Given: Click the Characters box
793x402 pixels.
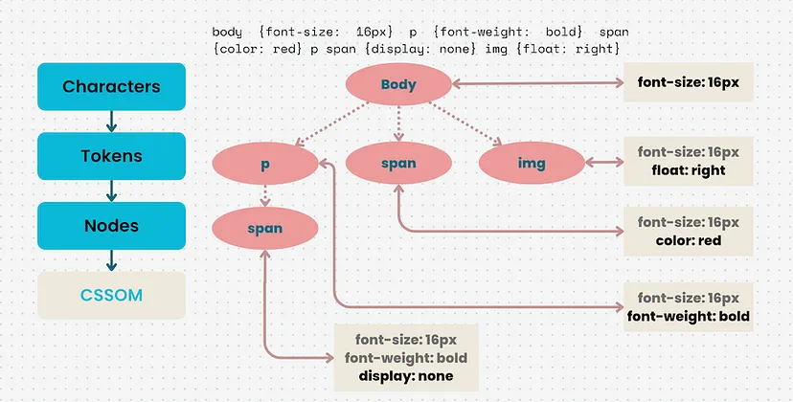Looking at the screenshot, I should click(111, 86).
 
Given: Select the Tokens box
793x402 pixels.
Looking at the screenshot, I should click(111, 156).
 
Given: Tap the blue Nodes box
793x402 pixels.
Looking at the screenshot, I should click(111, 226).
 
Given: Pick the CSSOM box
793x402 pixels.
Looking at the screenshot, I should click(111, 295).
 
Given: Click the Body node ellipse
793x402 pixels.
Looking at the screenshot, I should click(398, 84).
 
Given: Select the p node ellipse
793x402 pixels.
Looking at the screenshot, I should click(265, 164).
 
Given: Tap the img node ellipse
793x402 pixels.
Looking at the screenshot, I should click(531, 164).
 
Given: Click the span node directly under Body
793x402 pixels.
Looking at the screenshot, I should click(398, 164).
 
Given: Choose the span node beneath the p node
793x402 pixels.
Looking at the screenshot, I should click(265, 229).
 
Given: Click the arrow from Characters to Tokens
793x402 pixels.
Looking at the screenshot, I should click(111, 122).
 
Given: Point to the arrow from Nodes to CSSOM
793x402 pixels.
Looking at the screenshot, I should click(111, 260).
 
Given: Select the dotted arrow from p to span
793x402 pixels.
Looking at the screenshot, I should click(265, 196).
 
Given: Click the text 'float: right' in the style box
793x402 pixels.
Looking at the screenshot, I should click(688, 170).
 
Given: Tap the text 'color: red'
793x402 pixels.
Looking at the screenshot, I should click(688, 240).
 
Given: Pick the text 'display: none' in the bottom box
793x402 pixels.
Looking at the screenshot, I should click(406, 376).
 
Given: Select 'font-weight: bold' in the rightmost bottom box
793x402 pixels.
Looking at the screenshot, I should click(688, 316).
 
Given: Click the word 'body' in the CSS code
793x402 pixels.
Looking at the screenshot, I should click(228, 32).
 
